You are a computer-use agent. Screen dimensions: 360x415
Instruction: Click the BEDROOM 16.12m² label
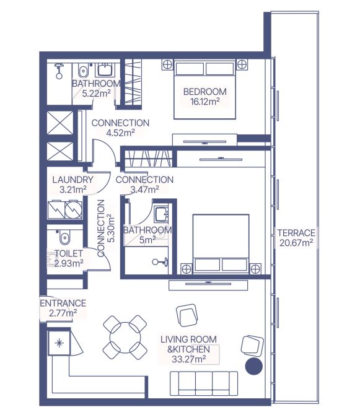pos(205,97)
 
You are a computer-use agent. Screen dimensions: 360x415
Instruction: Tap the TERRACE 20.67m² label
pos(296,238)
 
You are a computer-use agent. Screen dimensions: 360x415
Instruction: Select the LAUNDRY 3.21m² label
pos(72,185)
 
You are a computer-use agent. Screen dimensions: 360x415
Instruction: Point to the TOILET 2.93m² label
pos(69,258)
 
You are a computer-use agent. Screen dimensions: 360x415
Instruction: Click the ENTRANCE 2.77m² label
pos(63,308)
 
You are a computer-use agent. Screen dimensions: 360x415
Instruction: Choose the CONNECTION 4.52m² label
pos(120,128)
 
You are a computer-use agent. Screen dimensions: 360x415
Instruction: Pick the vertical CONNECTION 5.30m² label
pos(105,228)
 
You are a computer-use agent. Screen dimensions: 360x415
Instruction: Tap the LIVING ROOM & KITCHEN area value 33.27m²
pos(189,359)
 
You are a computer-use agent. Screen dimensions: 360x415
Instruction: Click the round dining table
pos(125,337)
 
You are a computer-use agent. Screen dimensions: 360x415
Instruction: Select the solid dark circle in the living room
pos(254,366)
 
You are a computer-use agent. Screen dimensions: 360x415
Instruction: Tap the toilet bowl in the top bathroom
pos(83,71)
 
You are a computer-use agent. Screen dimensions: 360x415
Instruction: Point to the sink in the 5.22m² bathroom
pos(105,69)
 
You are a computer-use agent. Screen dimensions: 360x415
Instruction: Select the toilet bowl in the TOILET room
pos(64,237)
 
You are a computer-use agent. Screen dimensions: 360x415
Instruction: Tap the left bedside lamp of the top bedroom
pos(167,64)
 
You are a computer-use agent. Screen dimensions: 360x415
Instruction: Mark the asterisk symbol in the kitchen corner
pos(59,343)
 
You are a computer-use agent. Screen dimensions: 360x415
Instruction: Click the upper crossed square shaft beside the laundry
pos(60,123)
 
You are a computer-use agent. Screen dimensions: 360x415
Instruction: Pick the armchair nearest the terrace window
pos(252,346)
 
